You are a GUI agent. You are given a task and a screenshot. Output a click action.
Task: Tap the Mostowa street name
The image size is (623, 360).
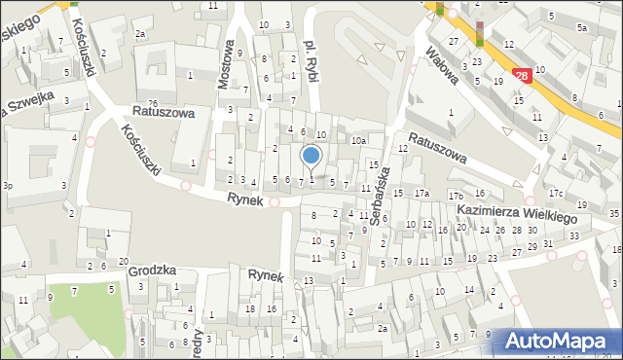(x=226, y=65)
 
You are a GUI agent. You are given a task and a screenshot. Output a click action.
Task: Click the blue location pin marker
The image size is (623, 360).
(x=311, y=157)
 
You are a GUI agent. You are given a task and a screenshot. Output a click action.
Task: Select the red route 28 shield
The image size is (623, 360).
(x=522, y=75)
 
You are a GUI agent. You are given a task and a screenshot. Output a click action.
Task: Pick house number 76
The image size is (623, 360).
(x=153, y=104)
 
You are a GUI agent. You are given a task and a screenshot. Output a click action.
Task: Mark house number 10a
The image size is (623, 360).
(x=358, y=141)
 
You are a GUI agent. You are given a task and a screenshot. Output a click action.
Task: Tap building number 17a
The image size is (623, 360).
(x=421, y=195)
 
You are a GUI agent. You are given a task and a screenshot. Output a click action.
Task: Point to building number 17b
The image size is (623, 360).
(x=456, y=197)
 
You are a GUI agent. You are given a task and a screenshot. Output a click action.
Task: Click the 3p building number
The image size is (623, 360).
(x=8, y=185)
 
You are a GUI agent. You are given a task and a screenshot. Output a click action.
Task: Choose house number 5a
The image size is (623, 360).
(x=581, y=28)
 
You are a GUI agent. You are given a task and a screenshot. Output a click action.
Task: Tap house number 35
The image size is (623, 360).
(x=613, y=213)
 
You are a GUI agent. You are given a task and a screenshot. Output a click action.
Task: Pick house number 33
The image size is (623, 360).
(x=574, y=235)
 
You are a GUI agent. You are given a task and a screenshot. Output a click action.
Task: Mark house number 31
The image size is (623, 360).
(x=548, y=243)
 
